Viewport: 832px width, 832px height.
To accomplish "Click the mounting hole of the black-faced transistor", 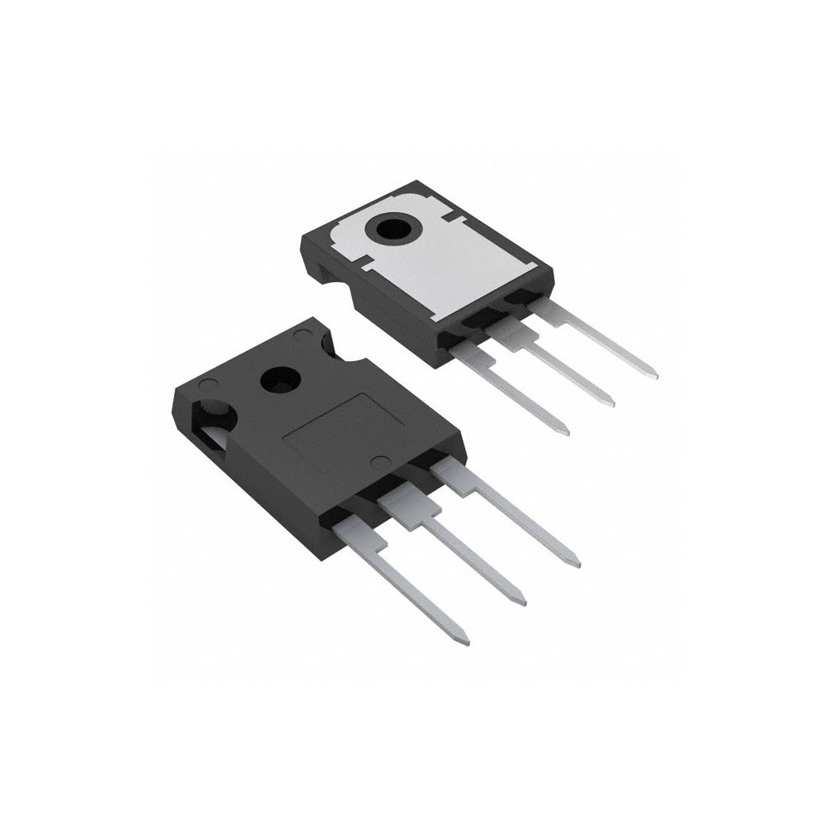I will coord(280,381).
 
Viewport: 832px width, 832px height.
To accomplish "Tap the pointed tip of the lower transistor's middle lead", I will coord(522,601).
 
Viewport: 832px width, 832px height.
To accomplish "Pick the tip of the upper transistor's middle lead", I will coord(612,404).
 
